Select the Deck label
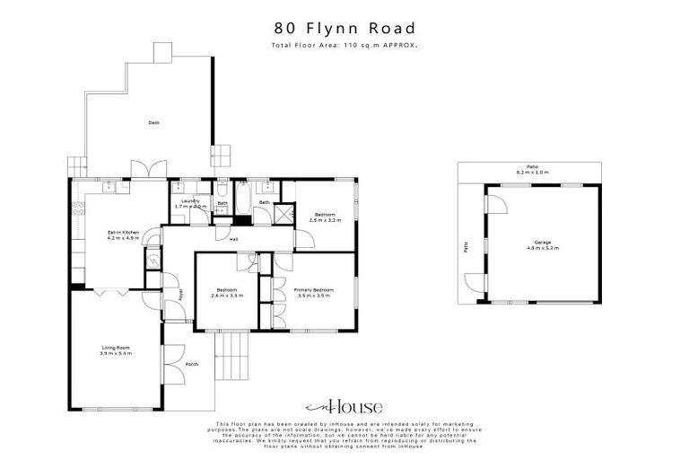tap(154, 122)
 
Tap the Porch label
tap(191, 364)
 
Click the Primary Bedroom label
tap(314, 293)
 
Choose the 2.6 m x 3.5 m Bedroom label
tap(227, 293)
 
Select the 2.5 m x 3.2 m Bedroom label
tap(323, 217)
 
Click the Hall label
tap(232, 239)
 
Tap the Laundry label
tap(189, 203)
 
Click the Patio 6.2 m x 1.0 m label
tap(532, 169)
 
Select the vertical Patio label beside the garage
tap(467, 244)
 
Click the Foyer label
tap(179, 294)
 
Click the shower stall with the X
tap(283, 214)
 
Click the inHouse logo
tap(344, 404)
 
